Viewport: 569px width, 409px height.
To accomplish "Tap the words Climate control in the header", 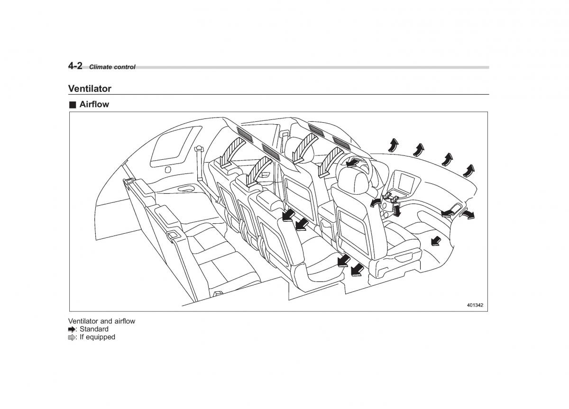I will coord(112,67).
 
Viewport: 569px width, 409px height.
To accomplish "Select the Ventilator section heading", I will coord(90,89).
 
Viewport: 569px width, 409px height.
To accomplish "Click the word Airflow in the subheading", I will coord(94,105).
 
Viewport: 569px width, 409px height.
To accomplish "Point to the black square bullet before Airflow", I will coord(72,105).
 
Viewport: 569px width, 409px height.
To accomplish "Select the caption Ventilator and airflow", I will coord(101,321).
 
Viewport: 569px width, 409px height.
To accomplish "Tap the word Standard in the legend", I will coord(94,329).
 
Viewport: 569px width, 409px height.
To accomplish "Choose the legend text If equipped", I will coord(97,337).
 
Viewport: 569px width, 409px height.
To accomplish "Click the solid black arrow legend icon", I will coord(72,329).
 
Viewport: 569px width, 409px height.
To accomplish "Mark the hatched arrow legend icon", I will coord(72,337).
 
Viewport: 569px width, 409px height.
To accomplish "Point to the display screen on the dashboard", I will coord(407,182).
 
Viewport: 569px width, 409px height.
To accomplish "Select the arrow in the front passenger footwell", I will coord(434,242).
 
